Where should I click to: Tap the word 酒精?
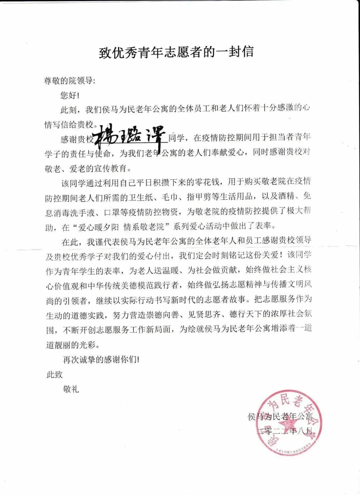coord(286,197)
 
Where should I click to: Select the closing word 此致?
coord(55,374)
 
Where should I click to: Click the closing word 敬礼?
coord(71,389)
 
